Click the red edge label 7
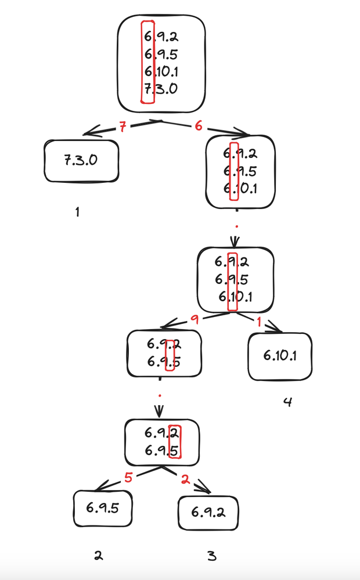pos(122,128)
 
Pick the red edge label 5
pos(129,478)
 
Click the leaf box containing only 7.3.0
pos(81,160)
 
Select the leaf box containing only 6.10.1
pos(280,355)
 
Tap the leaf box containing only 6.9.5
pos(103,507)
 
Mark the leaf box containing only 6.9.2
pos(208,512)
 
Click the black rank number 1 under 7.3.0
pos(77,212)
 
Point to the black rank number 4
pos(287,402)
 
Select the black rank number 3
pos(211,556)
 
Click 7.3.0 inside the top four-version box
pos(161,89)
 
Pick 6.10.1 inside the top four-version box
pos(162,72)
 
